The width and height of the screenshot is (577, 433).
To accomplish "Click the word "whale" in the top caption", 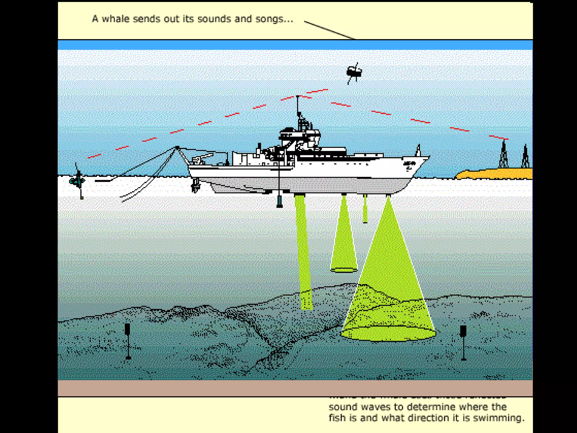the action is point(116,19).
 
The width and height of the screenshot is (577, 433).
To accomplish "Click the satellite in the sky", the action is point(354,72).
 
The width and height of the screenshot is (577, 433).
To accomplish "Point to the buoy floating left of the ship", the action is point(77,180).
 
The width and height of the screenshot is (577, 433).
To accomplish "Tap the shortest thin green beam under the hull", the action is point(365,209).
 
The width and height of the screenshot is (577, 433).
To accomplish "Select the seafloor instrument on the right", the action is point(463,341).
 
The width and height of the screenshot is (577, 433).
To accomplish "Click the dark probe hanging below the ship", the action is point(279,201).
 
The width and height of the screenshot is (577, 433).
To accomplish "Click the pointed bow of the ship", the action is point(427,158).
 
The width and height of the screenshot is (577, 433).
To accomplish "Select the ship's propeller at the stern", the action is point(195,185).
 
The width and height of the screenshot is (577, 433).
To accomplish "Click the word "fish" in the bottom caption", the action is point(337,418).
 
